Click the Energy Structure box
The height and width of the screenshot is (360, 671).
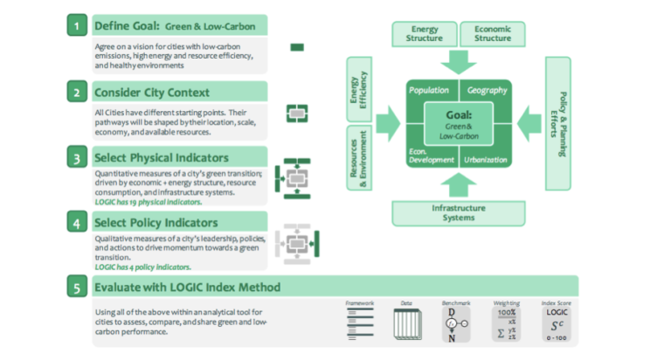click(x=425, y=34)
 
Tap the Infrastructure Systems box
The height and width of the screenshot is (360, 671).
click(x=459, y=212)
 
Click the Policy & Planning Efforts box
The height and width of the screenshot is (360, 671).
click(x=559, y=123)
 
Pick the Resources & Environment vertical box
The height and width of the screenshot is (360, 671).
click(x=360, y=158)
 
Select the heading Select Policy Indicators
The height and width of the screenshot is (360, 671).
click(x=156, y=222)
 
